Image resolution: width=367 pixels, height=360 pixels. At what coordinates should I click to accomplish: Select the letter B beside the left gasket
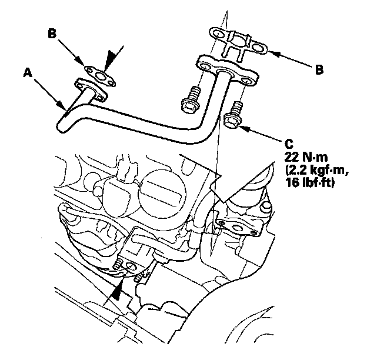[x=53, y=34]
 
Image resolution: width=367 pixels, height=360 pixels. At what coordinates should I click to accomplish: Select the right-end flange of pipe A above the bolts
[x=226, y=68]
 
